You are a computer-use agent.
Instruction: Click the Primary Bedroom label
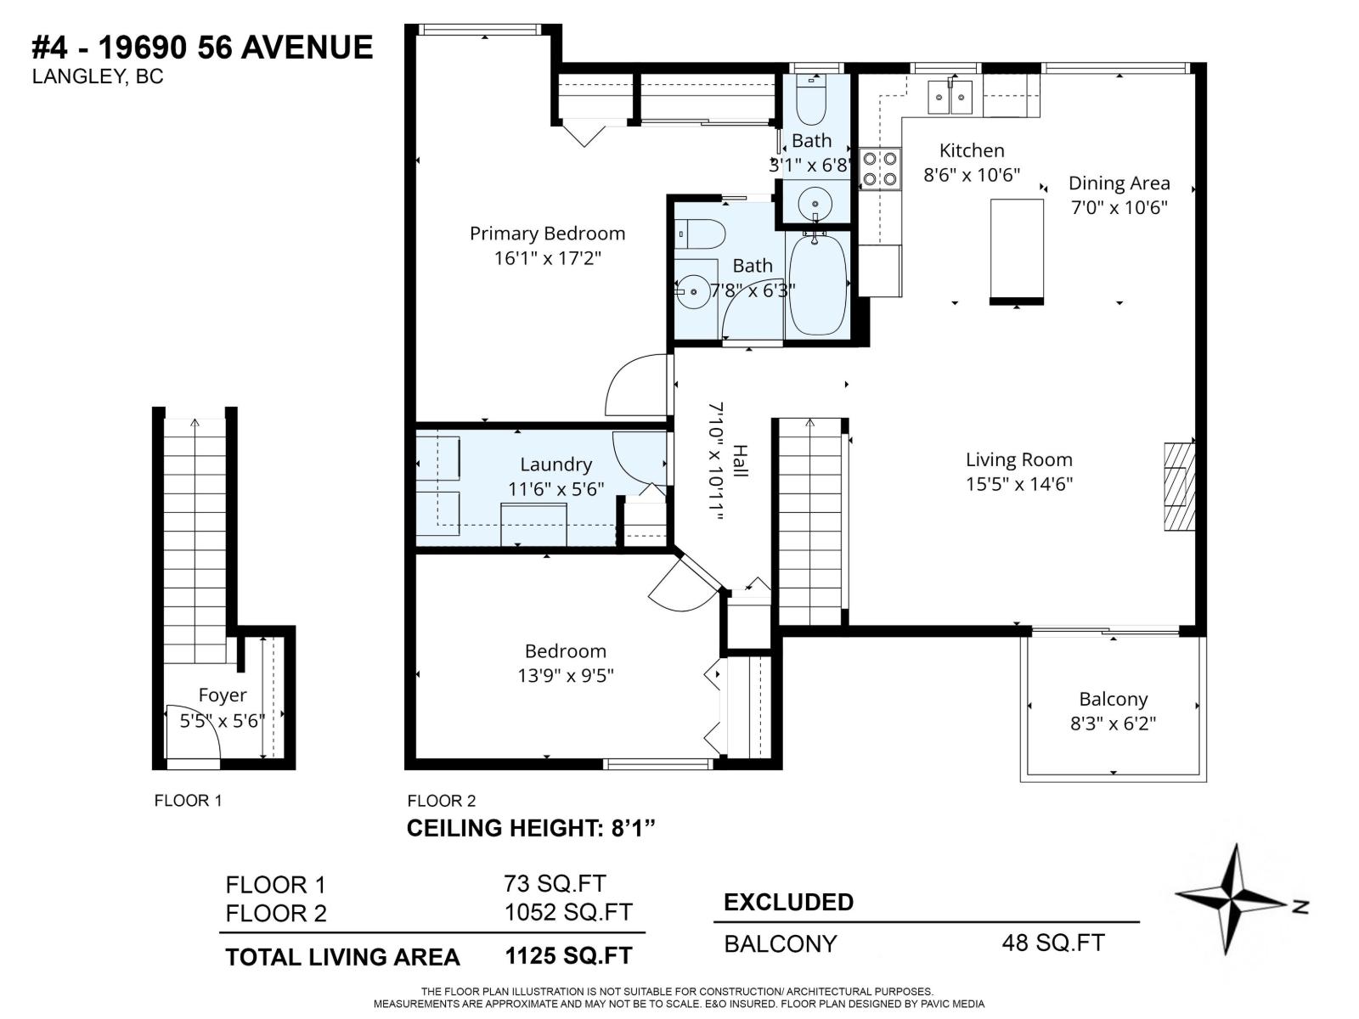point(547,234)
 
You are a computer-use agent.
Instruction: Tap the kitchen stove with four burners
point(880,168)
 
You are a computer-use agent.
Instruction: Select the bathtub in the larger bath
point(817,284)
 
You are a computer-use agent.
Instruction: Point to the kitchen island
point(1017,251)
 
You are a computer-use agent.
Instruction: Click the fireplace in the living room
point(1179,486)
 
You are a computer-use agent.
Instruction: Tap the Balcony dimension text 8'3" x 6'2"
point(1113,723)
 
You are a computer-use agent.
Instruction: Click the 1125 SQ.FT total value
point(568,956)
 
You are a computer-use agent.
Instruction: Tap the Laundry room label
point(555,464)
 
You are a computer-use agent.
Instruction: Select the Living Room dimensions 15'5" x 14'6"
point(1018,484)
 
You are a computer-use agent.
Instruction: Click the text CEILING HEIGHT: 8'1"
point(532,828)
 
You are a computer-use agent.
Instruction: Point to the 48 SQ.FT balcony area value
point(1053,943)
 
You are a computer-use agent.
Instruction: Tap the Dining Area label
point(1119,183)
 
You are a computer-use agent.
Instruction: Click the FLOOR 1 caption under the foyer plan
point(188,801)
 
